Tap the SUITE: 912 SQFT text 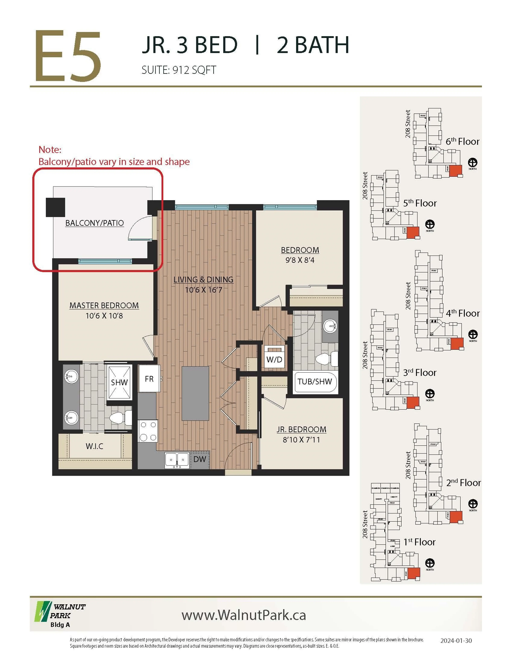click(x=179, y=70)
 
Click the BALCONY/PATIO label click(x=94, y=223)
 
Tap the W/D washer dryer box click(x=274, y=359)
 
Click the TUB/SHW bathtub click(x=315, y=382)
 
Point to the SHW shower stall click(x=119, y=382)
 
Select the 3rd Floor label click(x=419, y=372)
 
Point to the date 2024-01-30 click(x=456, y=640)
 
